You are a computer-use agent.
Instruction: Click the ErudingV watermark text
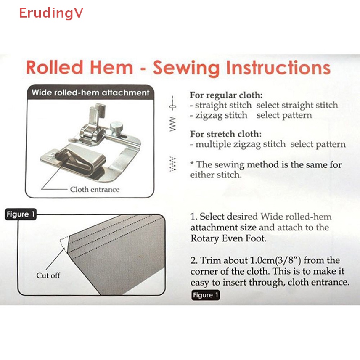[51, 13]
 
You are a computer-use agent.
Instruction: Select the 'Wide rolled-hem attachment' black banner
[90, 93]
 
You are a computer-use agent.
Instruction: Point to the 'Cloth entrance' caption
[95, 189]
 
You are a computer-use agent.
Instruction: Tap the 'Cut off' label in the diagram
[48, 275]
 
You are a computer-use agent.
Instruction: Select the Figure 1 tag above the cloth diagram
[20, 214]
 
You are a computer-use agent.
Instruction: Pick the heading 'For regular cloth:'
[226, 95]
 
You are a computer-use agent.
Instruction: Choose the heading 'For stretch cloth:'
[226, 134]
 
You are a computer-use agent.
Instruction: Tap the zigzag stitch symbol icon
[172, 124]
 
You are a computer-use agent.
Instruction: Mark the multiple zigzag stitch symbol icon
[172, 164]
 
